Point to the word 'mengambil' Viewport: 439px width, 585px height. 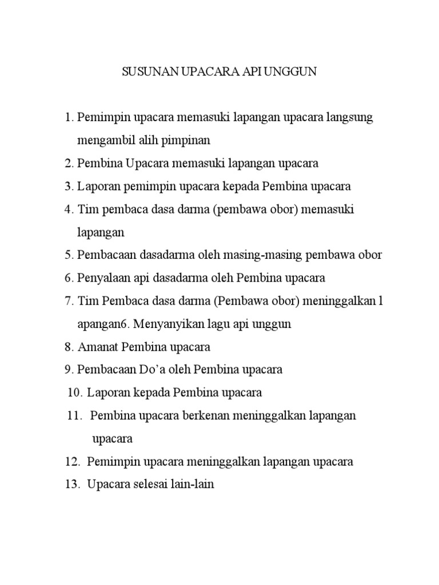pos(102,141)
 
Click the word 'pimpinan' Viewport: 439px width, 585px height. pos(187,141)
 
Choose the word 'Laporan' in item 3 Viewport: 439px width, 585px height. pos(96,187)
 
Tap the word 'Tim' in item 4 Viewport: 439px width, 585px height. pos(86,210)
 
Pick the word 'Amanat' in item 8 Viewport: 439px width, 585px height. pos(96,347)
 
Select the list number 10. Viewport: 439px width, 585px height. pos(75,392)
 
